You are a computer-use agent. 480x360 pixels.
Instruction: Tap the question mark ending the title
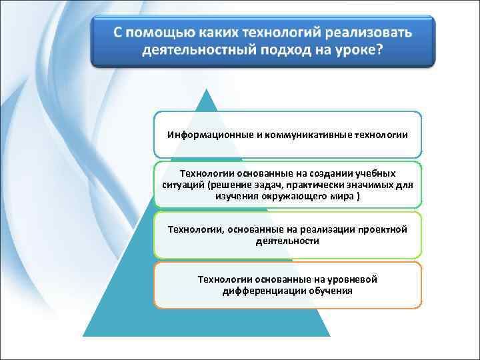click(379, 50)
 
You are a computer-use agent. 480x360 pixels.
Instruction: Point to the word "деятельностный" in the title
click(199, 50)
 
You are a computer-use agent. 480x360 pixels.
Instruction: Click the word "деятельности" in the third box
click(287, 240)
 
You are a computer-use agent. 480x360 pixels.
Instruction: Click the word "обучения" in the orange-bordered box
click(331, 291)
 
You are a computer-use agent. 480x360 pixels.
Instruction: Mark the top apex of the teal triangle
click(207, 89)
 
